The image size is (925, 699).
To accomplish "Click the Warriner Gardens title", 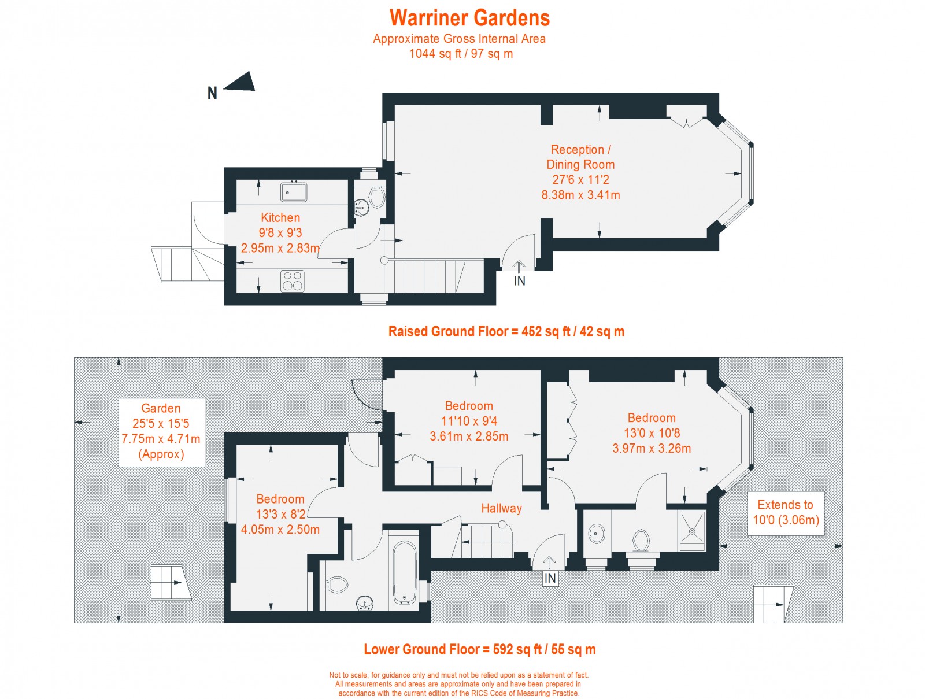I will [x=469, y=18].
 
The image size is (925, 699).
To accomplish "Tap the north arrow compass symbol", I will [x=240, y=82].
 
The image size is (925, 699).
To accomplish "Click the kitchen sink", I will [x=294, y=192].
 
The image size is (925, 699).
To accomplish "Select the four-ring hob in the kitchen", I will [x=293, y=282].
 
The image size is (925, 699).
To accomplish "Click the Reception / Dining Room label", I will [x=580, y=172].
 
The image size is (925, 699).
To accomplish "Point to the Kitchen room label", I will [x=280, y=218].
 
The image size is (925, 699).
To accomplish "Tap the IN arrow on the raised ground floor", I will [x=519, y=267].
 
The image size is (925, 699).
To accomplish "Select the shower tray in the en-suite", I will [x=692, y=528].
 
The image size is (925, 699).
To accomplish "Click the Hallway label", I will [x=501, y=508].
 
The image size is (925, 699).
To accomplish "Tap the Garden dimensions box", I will [x=162, y=431].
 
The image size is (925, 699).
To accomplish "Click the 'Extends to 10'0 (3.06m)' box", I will [x=785, y=513].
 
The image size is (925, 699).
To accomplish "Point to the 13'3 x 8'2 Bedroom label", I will [x=280, y=514].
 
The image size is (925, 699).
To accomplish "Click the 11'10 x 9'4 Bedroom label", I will [x=469, y=421].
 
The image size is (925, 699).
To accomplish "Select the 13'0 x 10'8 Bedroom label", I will [x=652, y=432].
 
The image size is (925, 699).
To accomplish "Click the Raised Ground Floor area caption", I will [x=506, y=331].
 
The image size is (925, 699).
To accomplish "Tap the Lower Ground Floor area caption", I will [x=479, y=649].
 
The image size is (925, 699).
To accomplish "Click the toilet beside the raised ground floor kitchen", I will [x=376, y=197].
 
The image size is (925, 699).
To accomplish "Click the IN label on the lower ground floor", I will [x=550, y=578].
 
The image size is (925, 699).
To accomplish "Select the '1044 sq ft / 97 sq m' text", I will [x=461, y=54].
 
